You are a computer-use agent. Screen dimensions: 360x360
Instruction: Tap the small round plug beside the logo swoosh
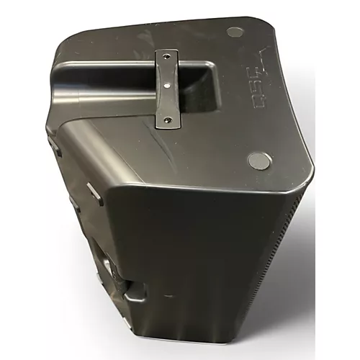click(x=235, y=32)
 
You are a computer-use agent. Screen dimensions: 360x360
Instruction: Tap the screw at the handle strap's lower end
click(x=170, y=120)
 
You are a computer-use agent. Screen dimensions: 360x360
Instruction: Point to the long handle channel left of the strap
click(x=101, y=72)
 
